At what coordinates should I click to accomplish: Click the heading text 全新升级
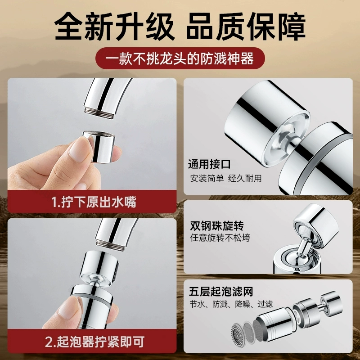(114, 27)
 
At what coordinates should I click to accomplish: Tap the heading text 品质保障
(246, 27)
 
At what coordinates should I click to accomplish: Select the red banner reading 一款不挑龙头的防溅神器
(180, 58)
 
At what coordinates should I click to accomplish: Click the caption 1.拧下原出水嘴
(94, 202)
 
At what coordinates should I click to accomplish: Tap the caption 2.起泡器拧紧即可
(95, 342)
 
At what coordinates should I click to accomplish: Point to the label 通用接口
(209, 164)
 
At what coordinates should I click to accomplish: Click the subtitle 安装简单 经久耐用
(226, 178)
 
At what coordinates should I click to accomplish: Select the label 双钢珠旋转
(217, 226)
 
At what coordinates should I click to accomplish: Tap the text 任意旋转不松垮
(220, 238)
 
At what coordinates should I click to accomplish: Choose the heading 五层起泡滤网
(221, 292)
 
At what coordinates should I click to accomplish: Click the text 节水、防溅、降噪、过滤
(231, 304)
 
